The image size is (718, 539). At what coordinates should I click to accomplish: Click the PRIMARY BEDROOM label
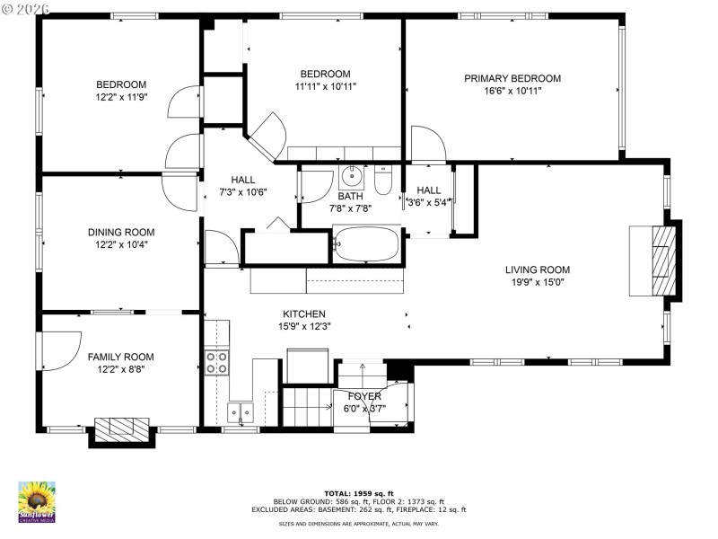512,79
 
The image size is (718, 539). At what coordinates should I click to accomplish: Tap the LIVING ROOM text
537,269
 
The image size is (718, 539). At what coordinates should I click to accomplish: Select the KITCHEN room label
304,314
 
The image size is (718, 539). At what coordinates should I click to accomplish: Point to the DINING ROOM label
121,231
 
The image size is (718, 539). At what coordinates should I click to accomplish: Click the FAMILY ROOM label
121,357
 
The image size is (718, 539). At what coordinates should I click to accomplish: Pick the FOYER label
363,396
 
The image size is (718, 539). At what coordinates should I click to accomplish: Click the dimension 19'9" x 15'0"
537,282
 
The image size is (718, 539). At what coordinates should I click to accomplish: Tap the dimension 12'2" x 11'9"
121,96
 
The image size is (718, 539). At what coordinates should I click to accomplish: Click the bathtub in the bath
367,243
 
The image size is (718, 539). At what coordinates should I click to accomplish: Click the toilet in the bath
383,182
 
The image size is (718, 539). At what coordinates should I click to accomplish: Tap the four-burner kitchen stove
216,362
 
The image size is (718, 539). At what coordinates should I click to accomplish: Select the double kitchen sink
240,412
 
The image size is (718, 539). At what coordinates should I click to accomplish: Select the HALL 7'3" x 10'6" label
242,185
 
